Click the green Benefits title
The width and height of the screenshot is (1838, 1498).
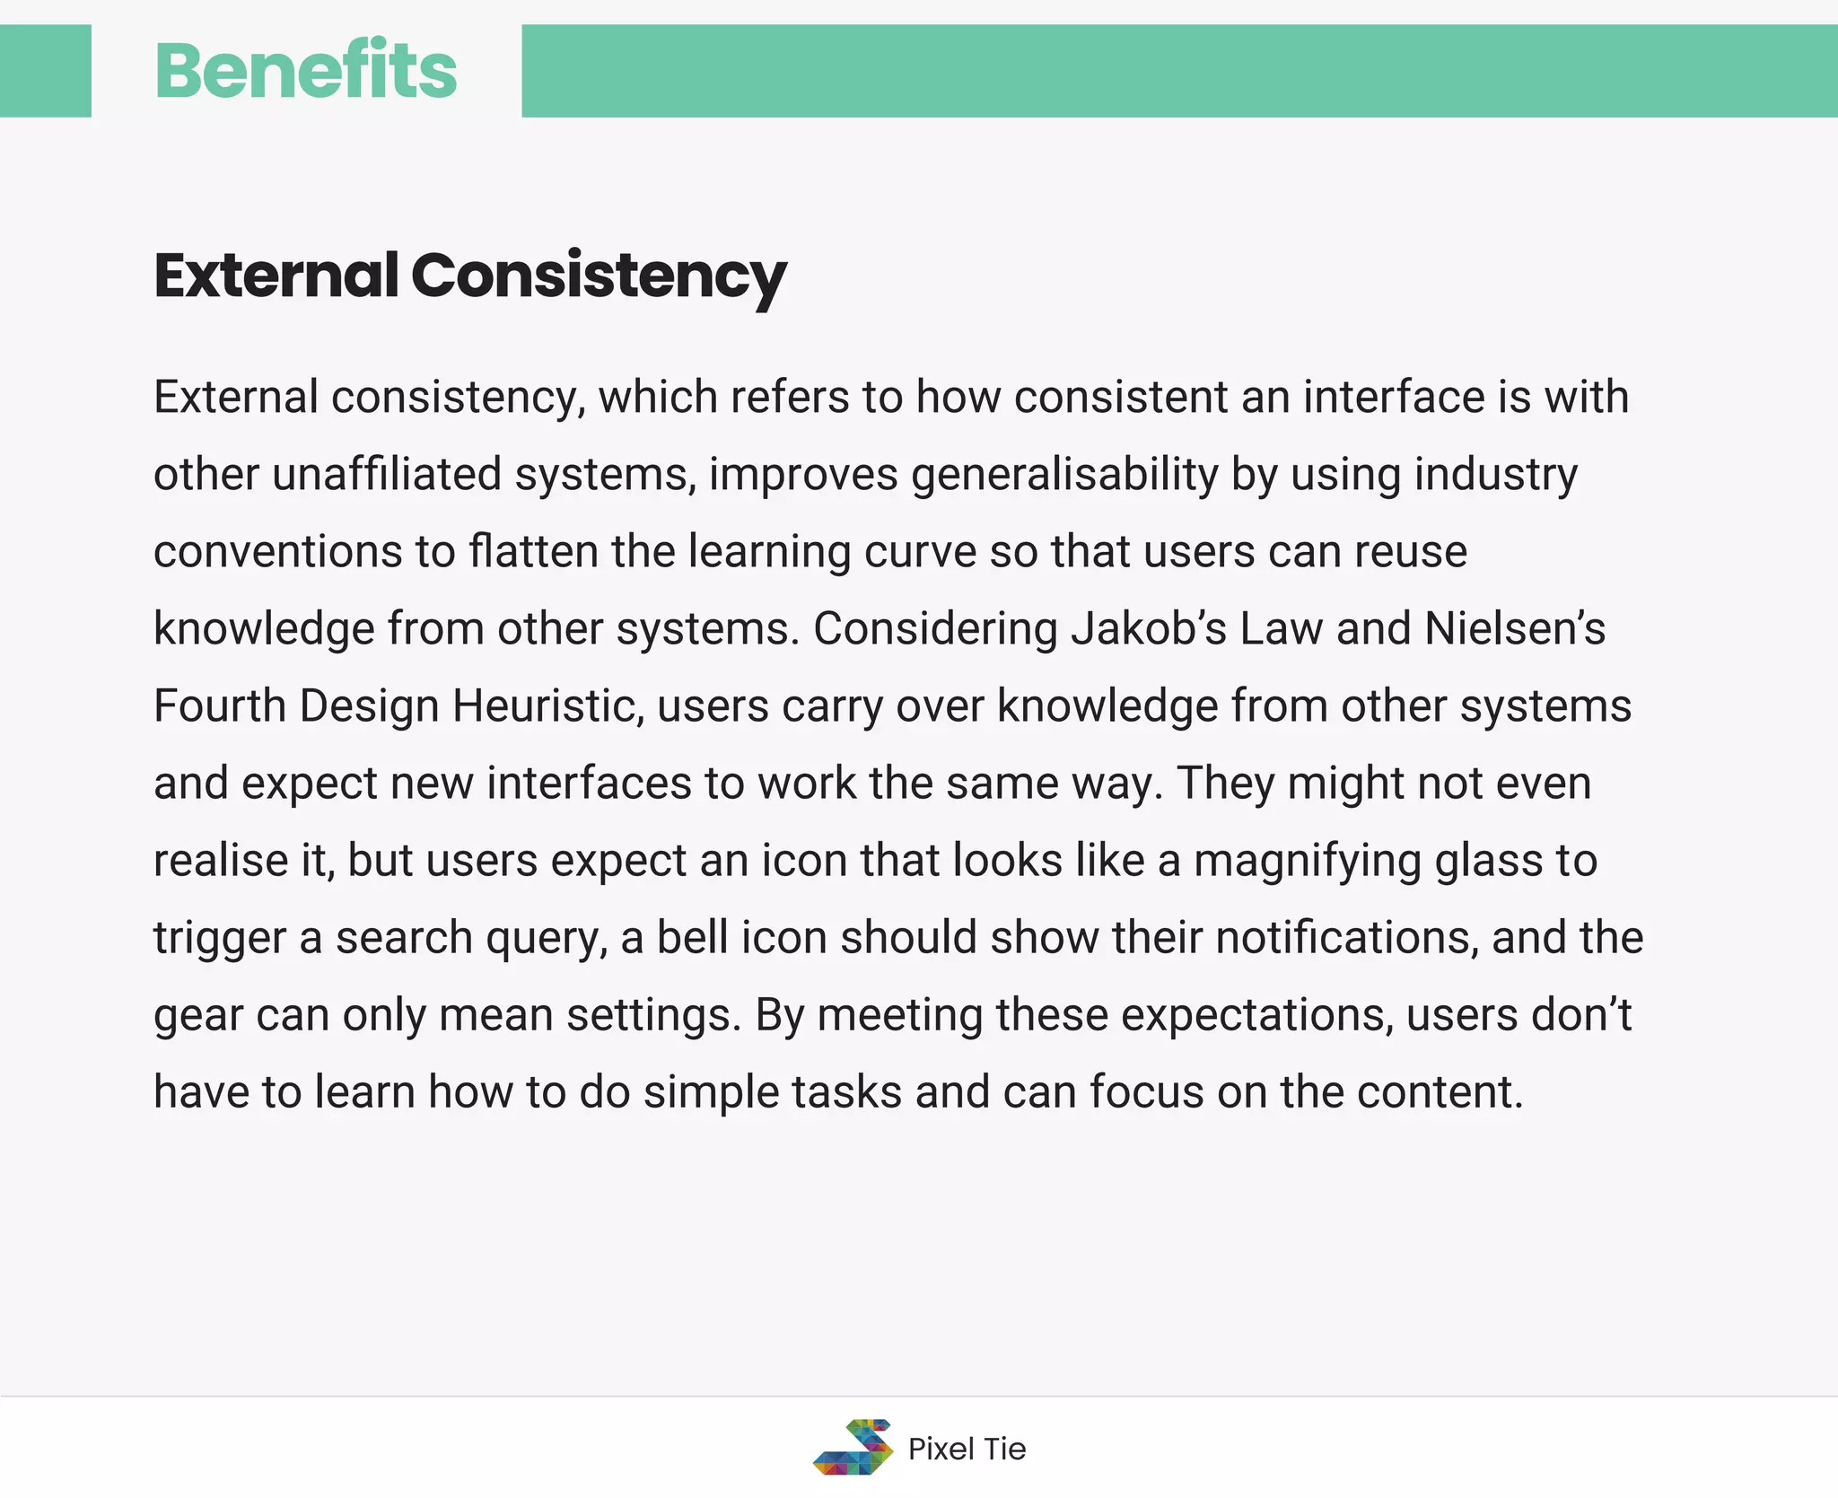(305, 71)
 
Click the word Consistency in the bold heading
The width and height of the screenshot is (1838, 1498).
(599, 276)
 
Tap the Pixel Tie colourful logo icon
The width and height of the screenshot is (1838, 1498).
(853, 1447)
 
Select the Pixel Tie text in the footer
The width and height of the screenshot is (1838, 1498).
(967, 1449)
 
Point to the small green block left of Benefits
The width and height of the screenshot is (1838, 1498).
(45, 71)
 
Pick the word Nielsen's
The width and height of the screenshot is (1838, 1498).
(1515, 628)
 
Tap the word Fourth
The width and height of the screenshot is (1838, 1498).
(219, 705)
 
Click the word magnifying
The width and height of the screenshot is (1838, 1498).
(1307, 862)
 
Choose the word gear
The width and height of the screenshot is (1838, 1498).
(197, 1016)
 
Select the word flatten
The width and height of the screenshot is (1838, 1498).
(533, 551)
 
